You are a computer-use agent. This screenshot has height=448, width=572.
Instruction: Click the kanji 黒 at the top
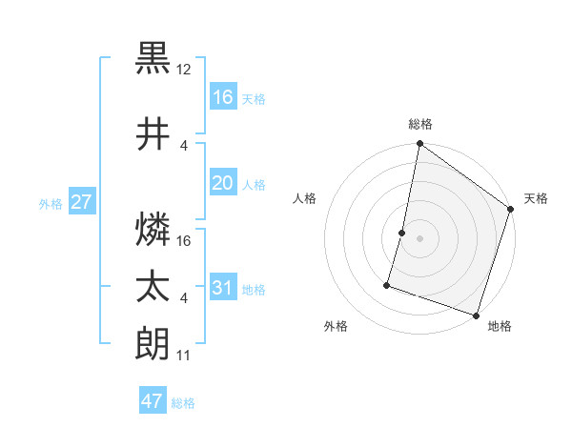[x=153, y=59]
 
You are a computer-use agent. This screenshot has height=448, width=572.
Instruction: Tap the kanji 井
[x=153, y=135]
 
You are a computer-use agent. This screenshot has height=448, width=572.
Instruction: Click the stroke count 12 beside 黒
[x=185, y=70]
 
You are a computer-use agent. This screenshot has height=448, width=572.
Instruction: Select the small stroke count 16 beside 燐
[x=185, y=241]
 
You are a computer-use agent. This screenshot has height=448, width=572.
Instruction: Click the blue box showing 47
[x=153, y=401]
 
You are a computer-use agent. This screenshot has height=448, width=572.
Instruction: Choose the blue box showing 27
[x=82, y=202]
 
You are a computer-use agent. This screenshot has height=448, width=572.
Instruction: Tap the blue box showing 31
[x=223, y=288]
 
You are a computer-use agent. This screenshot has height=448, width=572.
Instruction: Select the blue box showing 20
[x=223, y=183]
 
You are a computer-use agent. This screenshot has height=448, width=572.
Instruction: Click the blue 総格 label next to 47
[x=183, y=403]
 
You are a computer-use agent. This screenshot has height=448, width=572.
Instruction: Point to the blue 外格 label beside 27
[x=51, y=204]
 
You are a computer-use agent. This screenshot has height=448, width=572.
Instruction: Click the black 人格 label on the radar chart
[x=305, y=198]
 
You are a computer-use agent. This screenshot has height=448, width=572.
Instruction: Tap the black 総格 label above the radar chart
[x=419, y=124]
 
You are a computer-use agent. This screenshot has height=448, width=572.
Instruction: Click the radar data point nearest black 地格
[x=476, y=315]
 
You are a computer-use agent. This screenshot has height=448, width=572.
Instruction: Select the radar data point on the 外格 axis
[x=387, y=284]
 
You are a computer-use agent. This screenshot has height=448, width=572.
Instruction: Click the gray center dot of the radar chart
[x=419, y=238]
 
